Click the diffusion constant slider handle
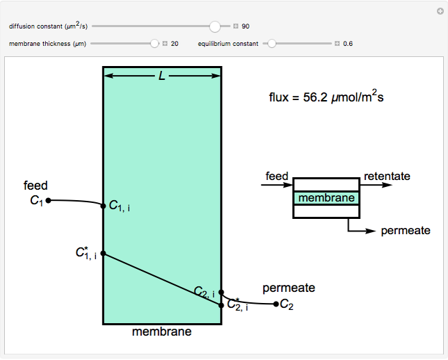[x=215, y=26]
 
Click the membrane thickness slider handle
[x=154, y=43]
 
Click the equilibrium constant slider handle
[x=272, y=43]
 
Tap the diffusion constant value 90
[x=246, y=26]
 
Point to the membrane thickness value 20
[x=175, y=43]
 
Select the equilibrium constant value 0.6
[x=348, y=43]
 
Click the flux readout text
[x=326, y=97]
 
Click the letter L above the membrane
[x=162, y=75]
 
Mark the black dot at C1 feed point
[x=49, y=200]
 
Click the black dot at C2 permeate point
[x=276, y=304]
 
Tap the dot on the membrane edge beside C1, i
[x=103, y=205]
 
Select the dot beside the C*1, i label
[x=103, y=253]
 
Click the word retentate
[x=387, y=177]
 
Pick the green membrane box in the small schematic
[x=326, y=198]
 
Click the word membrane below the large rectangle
[x=161, y=332]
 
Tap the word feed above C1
[x=35, y=186]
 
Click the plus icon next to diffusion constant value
[x=236, y=26]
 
